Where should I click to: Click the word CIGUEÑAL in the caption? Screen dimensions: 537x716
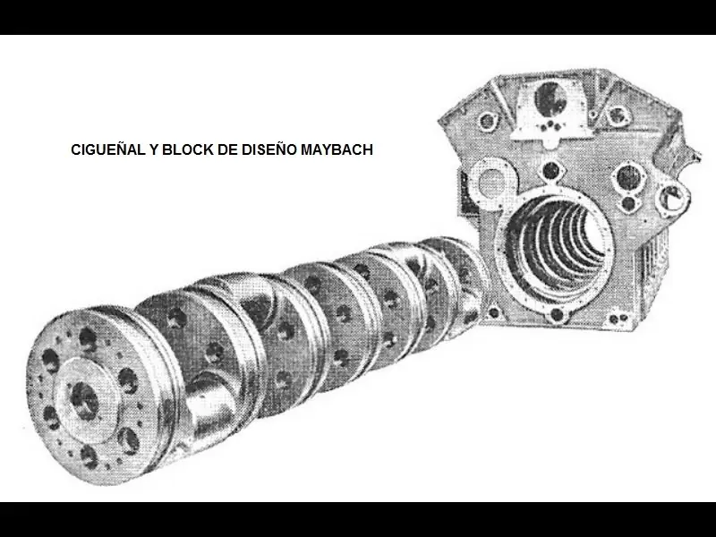[x=106, y=150]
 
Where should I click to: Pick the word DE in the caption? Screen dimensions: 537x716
[x=228, y=150]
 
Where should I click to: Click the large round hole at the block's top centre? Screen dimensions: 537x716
[x=553, y=99]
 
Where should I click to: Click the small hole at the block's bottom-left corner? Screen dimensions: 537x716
[x=495, y=313]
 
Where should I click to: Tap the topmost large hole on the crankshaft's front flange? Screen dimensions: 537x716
[x=87, y=339]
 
